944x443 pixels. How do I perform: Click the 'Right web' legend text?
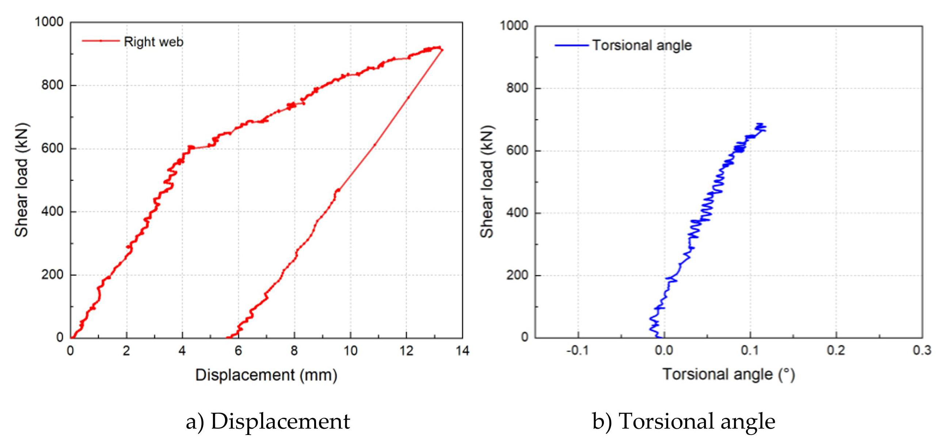point(153,42)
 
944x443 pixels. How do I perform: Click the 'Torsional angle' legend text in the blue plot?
point(642,45)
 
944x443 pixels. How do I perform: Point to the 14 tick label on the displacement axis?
point(463,351)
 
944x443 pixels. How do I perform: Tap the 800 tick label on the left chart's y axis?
point(52,85)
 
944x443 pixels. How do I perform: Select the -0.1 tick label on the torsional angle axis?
point(578,351)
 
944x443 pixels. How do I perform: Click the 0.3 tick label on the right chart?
point(922,351)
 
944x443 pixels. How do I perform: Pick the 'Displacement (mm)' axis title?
point(266,375)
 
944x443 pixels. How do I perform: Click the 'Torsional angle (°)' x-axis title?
point(729,375)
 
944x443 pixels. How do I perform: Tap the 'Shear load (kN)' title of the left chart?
point(22,180)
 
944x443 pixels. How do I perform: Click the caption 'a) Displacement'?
point(268,421)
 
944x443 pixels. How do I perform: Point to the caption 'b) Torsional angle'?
point(684,421)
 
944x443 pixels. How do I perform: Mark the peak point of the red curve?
point(439,47)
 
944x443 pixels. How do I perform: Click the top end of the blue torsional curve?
point(760,124)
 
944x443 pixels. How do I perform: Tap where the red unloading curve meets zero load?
point(228,337)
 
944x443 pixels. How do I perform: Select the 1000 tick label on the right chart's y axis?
point(514,26)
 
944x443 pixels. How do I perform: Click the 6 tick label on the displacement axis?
point(238,351)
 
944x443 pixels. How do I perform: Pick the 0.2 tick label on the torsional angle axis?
point(836,351)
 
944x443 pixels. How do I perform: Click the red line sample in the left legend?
point(100,41)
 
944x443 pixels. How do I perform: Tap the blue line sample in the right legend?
point(571,45)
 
